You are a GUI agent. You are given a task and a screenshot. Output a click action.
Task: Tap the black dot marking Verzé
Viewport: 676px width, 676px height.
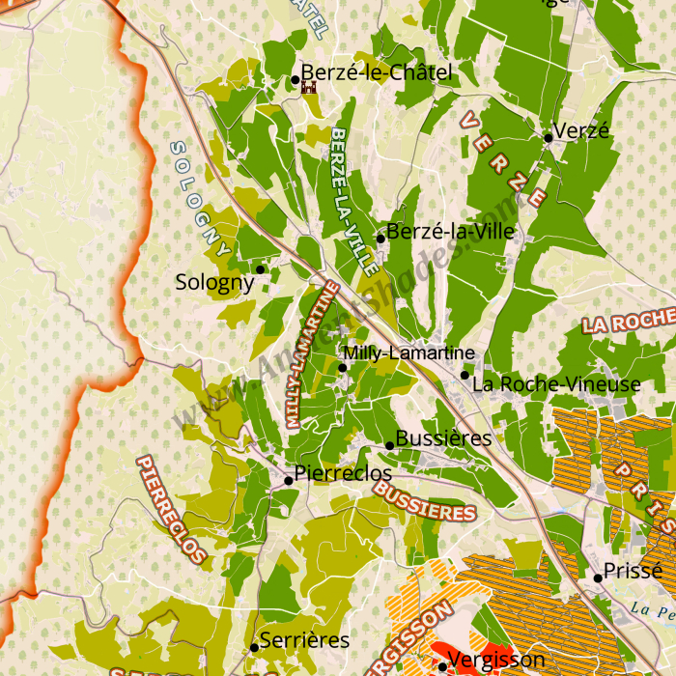click(x=549, y=138)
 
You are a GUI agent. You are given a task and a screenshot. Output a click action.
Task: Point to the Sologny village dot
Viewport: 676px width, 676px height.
click(x=260, y=268)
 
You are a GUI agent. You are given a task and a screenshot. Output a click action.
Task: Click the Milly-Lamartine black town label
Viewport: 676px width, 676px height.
click(x=409, y=353)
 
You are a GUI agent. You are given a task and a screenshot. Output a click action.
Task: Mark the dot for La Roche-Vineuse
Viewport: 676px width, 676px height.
click(x=465, y=375)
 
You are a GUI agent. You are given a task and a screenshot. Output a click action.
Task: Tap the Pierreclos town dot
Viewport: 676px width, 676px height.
click(x=288, y=480)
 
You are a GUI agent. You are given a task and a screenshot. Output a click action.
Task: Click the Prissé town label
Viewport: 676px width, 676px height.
click(x=633, y=570)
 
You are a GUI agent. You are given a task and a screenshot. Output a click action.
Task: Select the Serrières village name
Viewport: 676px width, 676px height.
click(x=304, y=640)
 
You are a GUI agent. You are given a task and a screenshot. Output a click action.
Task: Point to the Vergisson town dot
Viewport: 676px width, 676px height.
click(x=442, y=666)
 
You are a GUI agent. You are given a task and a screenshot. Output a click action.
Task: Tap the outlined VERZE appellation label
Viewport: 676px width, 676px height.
click(x=503, y=159)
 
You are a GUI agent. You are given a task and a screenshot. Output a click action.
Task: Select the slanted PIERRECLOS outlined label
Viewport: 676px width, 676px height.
click(x=172, y=508)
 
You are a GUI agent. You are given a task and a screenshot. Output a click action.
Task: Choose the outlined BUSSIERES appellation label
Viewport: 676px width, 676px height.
click(x=424, y=500)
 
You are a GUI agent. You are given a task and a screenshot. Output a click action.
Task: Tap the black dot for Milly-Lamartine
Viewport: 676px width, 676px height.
click(x=342, y=367)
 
